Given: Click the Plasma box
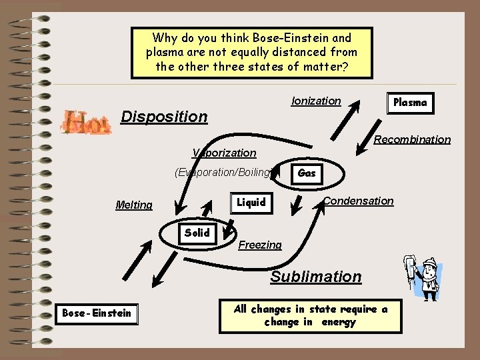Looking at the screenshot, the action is coord(410,103).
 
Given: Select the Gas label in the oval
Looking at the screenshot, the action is coord(307,173).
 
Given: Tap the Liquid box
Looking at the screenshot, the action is coord(251,202).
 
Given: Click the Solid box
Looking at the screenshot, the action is coord(197,233).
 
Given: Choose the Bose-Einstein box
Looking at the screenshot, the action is coord(97,313).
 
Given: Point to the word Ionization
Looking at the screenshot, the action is coord(316,101).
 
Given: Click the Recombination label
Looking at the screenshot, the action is coord(412,139).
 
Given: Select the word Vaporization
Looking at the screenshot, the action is coord(224,153).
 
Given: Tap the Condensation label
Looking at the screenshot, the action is coord(359,201).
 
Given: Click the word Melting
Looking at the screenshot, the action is coord(134,205).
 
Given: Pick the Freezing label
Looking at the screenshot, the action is coord(260,245).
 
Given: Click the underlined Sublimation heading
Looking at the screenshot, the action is coord(316,277).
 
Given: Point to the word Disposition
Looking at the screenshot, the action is coord(164,117).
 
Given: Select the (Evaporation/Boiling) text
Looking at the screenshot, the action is coord(223,172).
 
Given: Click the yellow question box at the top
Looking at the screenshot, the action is coord(251,52).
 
